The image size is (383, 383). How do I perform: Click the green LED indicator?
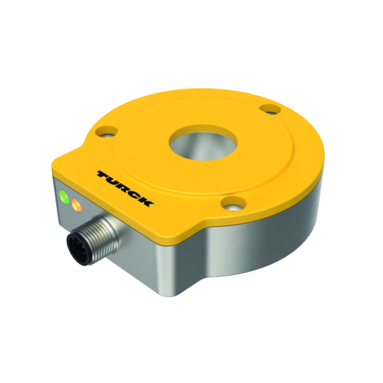[x=64, y=197]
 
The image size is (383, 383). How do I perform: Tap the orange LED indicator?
[x=76, y=205]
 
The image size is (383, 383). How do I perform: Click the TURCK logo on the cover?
[x=125, y=188]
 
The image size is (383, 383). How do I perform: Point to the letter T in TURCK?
[x=104, y=175]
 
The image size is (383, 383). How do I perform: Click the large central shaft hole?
[x=203, y=143]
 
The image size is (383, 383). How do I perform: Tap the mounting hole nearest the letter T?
[x=107, y=132]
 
